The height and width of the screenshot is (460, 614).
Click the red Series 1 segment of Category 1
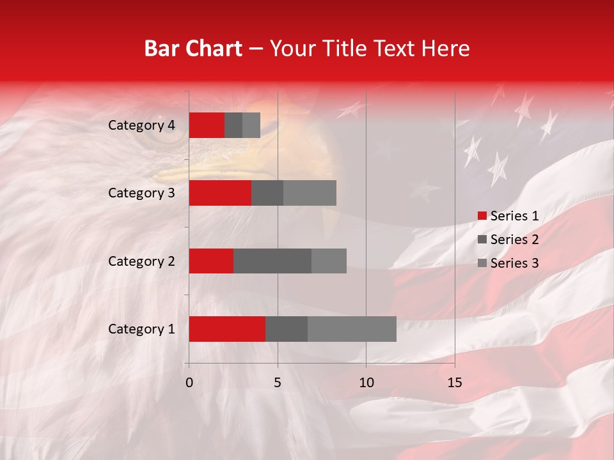pos(227,329)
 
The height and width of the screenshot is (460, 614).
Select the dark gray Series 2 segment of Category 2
pos(272,261)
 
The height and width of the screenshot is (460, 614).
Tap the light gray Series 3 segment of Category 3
pos(310,193)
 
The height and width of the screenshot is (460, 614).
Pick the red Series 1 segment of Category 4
pos(207,125)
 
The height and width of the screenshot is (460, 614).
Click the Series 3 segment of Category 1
pos(352,329)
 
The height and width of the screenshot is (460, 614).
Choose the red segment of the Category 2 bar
pos(211,261)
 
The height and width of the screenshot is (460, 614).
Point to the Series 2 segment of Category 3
pos(267,193)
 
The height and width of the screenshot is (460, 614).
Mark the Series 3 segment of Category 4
pos(251,125)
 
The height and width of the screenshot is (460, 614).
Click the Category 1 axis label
pos(141,329)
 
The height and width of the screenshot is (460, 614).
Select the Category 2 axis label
pos(141,261)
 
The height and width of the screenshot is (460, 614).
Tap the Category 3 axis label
pos(141,193)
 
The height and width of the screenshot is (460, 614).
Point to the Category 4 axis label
pos(141,125)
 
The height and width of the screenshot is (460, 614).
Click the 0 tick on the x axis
pos(189,383)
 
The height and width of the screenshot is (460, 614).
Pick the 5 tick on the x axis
pos(278,383)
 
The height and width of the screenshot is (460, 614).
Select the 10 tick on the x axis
pos(366,383)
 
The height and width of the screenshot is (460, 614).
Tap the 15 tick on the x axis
pos(454,383)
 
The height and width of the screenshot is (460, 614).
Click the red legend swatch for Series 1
pos(482,216)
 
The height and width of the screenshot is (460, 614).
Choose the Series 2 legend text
pos(514,240)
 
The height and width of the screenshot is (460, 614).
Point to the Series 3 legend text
pos(514,263)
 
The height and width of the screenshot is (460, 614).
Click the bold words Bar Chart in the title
pos(193,49)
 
